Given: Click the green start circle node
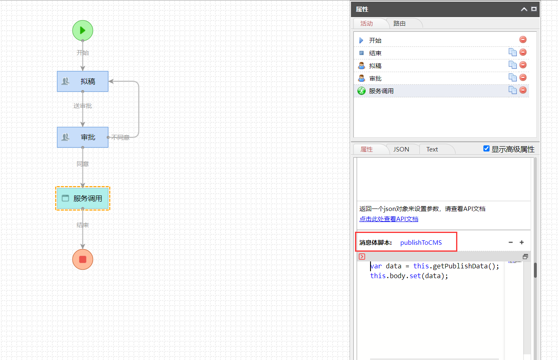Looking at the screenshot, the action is [x=83, y=31].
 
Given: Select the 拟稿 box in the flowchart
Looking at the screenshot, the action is [x=83, y=81].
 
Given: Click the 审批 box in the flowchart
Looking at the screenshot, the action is [x=83, y=137].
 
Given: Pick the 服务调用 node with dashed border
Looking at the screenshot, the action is [x=83, y=198].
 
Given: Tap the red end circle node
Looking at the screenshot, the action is [x=83, y=259].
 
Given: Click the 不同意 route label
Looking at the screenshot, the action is [x=120, y=137].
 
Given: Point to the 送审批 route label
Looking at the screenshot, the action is [x=83, y=106].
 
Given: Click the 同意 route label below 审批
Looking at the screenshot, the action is [x=83, y=164].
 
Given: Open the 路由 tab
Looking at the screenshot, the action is [x=399, y=23].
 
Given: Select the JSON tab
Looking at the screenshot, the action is [x=401, y=149].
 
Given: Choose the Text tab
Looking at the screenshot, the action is [x=432, y=149].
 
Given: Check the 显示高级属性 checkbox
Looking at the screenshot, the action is [x=486, y=149].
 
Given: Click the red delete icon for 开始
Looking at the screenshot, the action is [x=523, y=40].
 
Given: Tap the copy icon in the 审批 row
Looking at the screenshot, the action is [x=512, y=78].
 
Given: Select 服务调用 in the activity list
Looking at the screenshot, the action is [x=381, y=91].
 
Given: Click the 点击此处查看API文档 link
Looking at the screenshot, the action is [x=388, y=219].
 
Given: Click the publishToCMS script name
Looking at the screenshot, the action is [x=421, y=243].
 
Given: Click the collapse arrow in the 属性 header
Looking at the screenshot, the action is [x=524, y=9].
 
